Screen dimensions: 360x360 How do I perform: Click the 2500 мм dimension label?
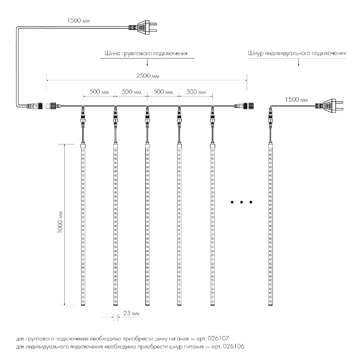coord(148,76)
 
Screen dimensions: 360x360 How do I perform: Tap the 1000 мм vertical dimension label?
coord(60,222)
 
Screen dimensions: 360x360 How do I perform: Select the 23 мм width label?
coord(131,313)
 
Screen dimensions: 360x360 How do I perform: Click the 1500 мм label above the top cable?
coord(79,20)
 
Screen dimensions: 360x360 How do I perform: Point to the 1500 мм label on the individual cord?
coord(296,100)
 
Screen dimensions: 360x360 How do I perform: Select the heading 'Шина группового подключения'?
coord(146,53)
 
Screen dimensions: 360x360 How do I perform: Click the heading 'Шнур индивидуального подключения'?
coord(297,53)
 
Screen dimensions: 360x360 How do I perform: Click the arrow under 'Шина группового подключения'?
coord(147,62)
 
